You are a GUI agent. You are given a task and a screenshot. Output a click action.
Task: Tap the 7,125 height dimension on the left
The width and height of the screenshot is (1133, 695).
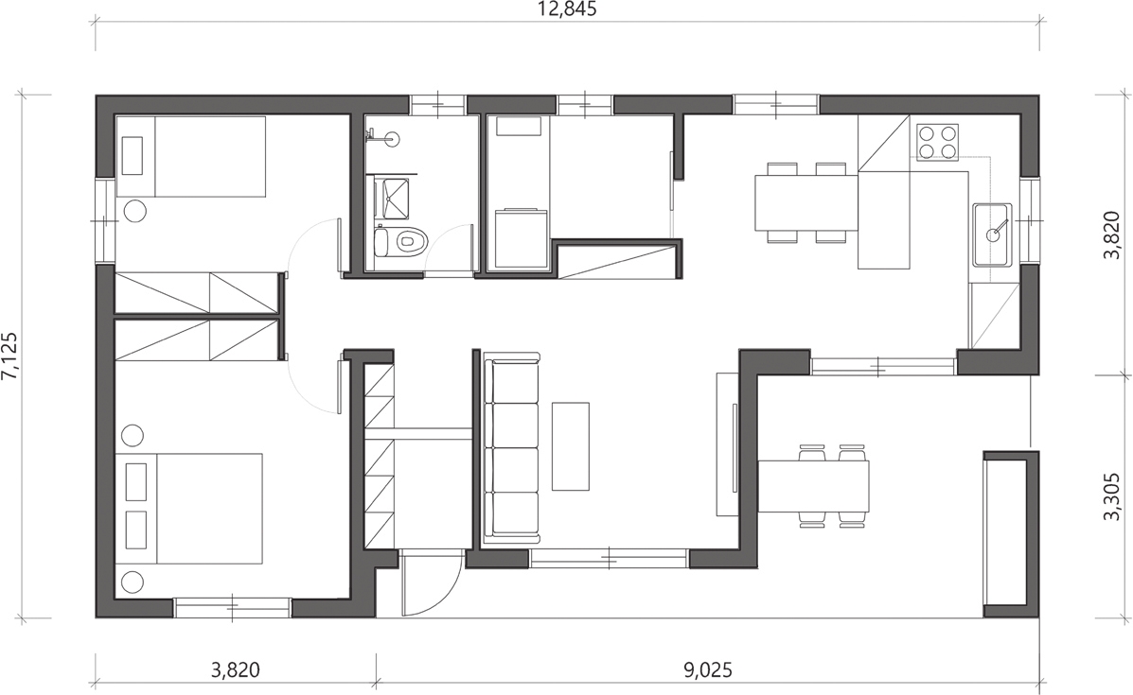10,356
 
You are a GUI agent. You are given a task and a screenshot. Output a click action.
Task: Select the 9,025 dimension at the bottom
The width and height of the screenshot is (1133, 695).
707,670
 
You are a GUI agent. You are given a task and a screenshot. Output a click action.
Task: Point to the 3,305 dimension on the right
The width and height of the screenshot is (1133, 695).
1113,496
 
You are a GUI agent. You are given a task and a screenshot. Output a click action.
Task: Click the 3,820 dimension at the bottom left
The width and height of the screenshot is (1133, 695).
235,670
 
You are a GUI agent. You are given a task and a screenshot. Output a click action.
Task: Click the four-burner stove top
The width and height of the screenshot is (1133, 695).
937,142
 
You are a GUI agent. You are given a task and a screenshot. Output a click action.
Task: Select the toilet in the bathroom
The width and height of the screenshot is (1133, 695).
401,240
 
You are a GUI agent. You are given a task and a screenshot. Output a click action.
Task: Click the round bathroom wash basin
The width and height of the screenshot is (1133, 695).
393,137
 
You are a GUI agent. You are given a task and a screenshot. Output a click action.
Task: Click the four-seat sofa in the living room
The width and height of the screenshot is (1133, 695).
511,447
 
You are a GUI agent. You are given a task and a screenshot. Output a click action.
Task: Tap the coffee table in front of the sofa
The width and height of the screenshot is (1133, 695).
571,446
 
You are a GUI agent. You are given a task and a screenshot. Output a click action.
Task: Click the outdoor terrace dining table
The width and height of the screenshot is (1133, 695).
813,485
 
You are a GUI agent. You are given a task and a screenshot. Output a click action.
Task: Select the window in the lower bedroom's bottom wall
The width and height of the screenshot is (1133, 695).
233,608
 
